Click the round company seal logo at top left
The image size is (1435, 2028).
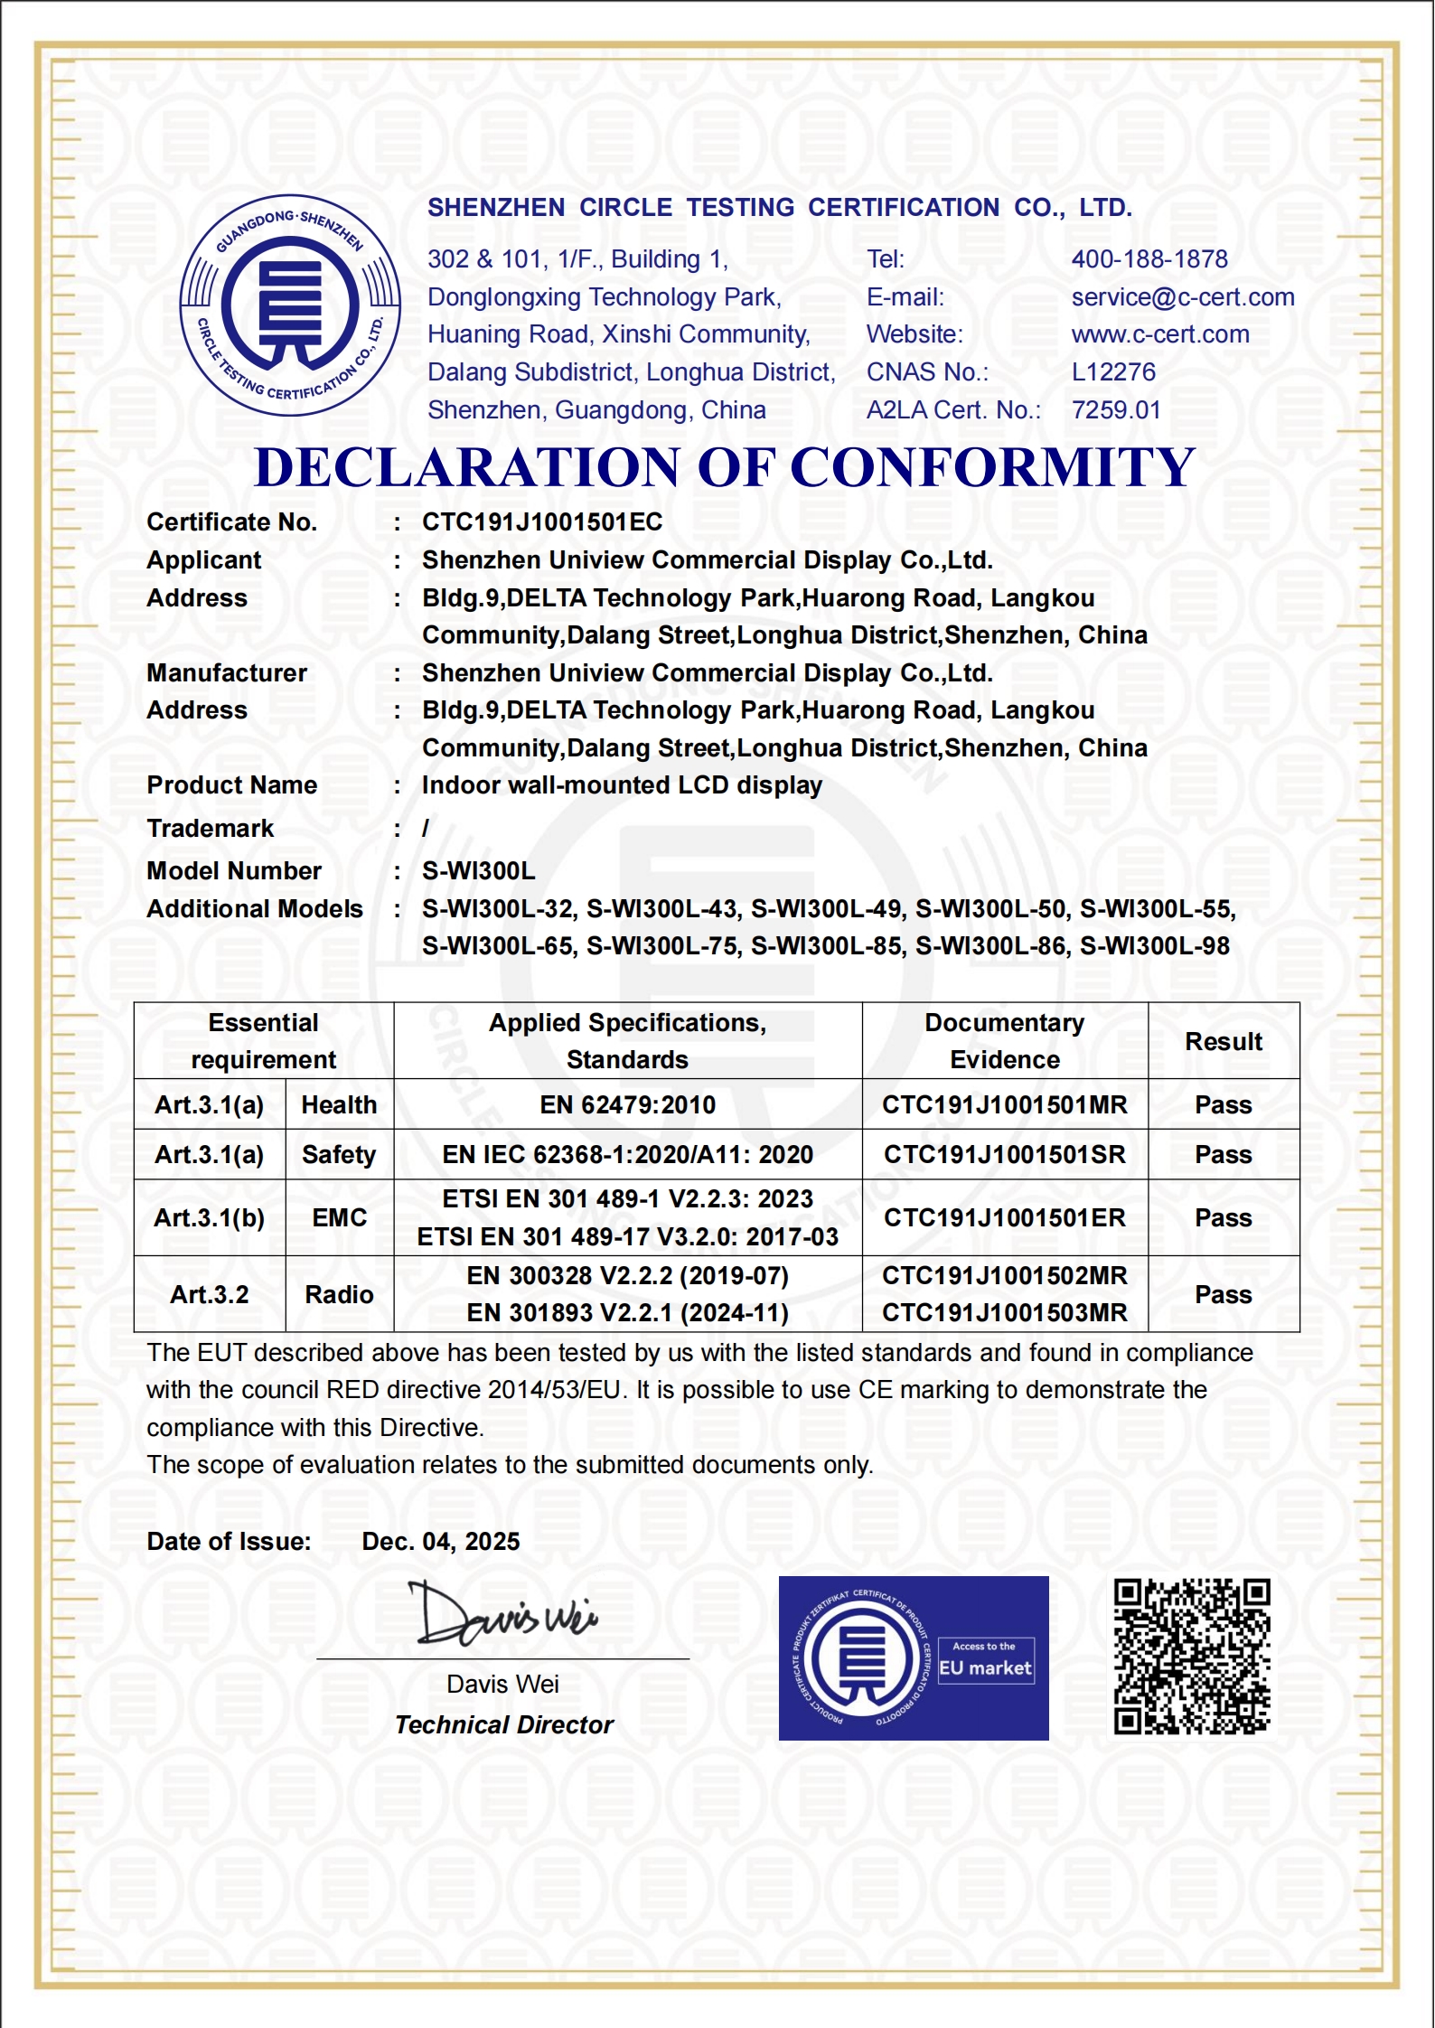pos(290,305)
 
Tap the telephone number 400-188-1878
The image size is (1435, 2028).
pos(1149,259)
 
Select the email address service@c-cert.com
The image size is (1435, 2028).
pos(1183,297)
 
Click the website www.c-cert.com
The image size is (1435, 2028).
pos(1160,334)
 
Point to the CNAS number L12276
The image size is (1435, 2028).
pos(1113,372)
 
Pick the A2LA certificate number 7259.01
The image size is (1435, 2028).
pos(1116,410)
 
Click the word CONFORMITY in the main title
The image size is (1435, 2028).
pos(992,468)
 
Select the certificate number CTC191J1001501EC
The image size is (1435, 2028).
pos(542,522)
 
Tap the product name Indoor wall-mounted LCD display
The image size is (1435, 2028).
pos(622,785)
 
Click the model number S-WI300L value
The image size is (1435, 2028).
pos(479,871)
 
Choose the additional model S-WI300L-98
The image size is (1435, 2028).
pos(1155,946)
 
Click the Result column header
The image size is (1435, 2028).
pos(1224,1041)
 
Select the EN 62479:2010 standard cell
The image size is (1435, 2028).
pos(628,1104)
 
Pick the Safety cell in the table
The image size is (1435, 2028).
pos(339,1155)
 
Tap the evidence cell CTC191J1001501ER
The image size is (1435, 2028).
pos(1005,1218)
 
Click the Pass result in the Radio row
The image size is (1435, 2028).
pos(1224,1295)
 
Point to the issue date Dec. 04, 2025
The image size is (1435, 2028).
pos(441,1542)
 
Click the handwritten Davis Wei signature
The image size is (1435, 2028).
pos(502,1614)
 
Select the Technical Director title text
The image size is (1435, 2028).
pos(504,1725)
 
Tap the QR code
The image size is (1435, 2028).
pos(1192,1657)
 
